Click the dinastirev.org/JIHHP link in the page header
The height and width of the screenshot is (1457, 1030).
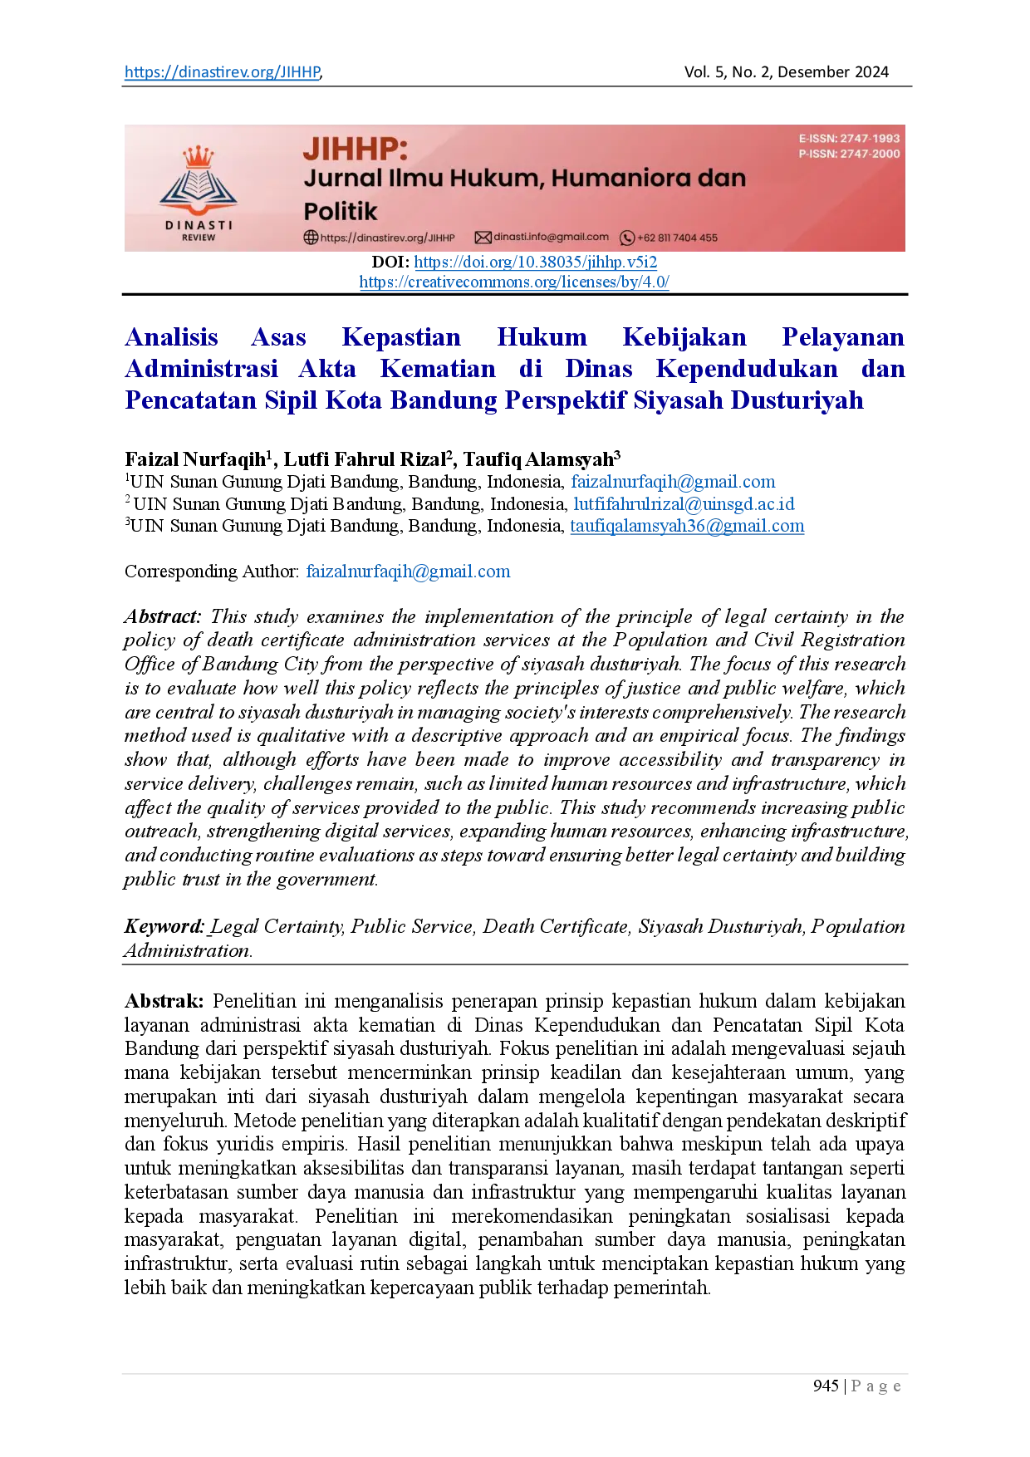coord(223,72)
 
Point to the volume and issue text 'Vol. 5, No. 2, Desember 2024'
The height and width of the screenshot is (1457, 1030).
coord(786,72)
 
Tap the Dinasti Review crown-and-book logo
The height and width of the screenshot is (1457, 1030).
coord(198,193)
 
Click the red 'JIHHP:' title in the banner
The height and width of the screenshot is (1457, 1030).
coord(356,149)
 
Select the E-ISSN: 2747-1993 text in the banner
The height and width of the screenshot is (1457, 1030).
coord(849,139)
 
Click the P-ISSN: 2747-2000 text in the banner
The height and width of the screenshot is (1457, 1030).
coord(849,154)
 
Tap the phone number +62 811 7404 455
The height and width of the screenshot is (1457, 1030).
coord(677,238)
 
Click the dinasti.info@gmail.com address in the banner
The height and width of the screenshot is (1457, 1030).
coord(551,237)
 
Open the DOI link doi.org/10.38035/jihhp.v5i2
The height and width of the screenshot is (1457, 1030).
coord(536,262)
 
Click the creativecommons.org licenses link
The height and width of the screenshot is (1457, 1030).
coord(514,282)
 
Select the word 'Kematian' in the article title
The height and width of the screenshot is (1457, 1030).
coord(438,369)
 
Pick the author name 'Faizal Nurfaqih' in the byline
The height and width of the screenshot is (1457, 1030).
coord(195,459)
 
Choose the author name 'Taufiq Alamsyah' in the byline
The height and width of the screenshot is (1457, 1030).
coord(538,459)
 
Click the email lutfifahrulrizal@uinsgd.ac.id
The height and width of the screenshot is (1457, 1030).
coord(684,504)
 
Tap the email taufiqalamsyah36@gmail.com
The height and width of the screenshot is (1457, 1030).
coord(687,526)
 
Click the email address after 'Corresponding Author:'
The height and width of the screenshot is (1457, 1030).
coord(408,572)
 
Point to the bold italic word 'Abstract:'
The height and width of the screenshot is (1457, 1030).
coord(163,616)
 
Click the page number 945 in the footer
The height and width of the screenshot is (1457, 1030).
coord(826,1386)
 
